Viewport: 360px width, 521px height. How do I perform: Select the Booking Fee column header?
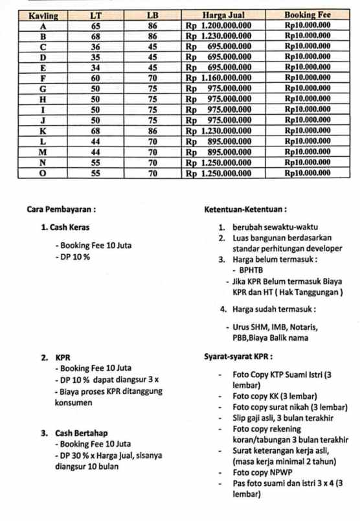[x=308, y=15]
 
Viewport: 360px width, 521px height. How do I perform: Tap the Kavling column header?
[x=43, y=15]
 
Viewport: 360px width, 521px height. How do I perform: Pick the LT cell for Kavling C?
[x=96, y=47]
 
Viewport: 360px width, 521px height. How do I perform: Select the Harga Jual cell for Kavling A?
[x=219, y=26]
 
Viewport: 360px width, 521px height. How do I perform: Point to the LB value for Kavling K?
[x=153, y=130]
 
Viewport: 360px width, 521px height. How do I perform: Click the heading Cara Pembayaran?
[x=62, y=209]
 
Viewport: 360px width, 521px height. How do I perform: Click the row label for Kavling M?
[x=43, y=152]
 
